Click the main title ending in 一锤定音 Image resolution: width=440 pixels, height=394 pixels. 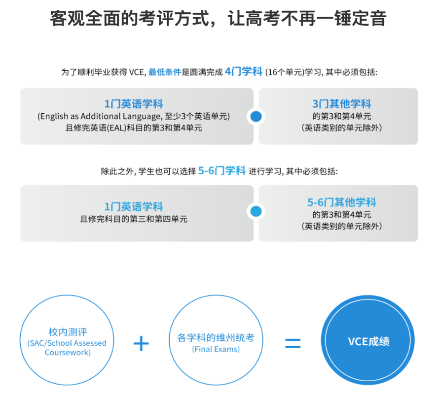pos(218,19)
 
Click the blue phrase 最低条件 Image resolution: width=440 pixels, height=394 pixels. pos(165,72)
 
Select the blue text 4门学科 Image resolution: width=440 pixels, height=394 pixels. pos(244,71)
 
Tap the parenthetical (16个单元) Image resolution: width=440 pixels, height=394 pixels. pos(285,72)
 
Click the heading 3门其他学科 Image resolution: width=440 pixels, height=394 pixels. pos(341,104)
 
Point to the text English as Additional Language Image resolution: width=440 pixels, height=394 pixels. pos(101,116)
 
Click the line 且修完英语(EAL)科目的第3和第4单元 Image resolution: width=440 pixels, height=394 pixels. pos(134,128)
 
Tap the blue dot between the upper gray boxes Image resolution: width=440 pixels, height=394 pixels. pos(256,116)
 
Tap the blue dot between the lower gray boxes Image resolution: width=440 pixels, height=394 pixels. pos(256,211)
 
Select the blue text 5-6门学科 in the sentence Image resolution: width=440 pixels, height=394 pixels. pos(221,170)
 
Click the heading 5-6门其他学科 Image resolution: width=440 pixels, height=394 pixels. pos(341,202)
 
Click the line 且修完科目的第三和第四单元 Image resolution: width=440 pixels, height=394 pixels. pos(134,219)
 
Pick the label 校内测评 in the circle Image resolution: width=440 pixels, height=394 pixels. pos(68,332)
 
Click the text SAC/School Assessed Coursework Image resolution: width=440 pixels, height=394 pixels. pos(67,348)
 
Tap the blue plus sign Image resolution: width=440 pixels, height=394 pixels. pos(141,344)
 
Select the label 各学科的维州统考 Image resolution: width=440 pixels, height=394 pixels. pos(216,338)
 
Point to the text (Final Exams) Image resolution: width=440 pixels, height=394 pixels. pos(216,349)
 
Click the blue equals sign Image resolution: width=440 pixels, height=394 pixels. pos(293,343)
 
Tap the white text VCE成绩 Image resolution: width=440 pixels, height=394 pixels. pos(368,341)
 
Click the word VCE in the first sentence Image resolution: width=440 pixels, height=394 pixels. pos(136,72)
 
